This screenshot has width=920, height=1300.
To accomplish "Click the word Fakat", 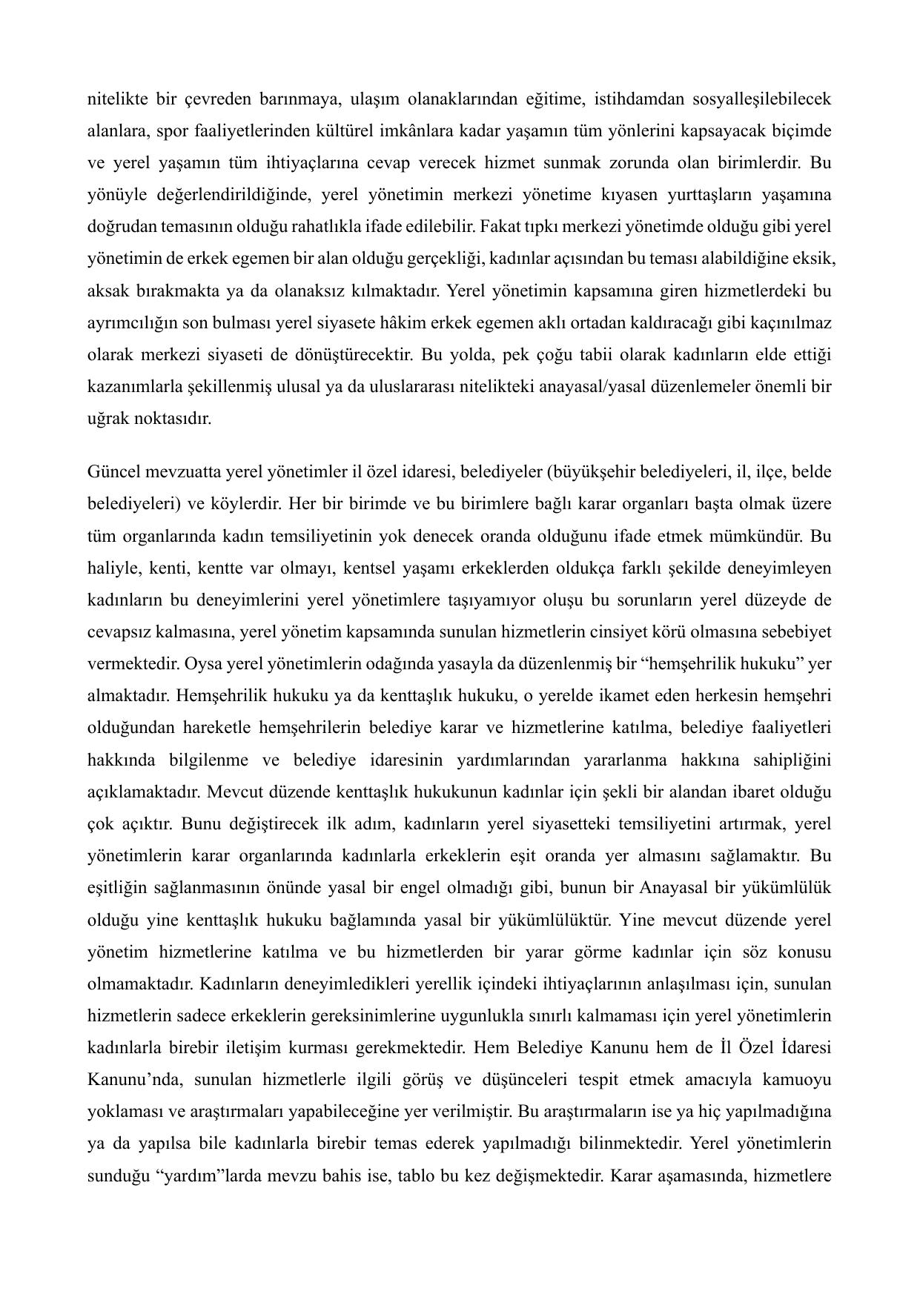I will tap(499, 227).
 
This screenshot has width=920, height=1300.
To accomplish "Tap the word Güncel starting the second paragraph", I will tap(110, 472).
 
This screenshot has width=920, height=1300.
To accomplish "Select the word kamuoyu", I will tap(801, 1080).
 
